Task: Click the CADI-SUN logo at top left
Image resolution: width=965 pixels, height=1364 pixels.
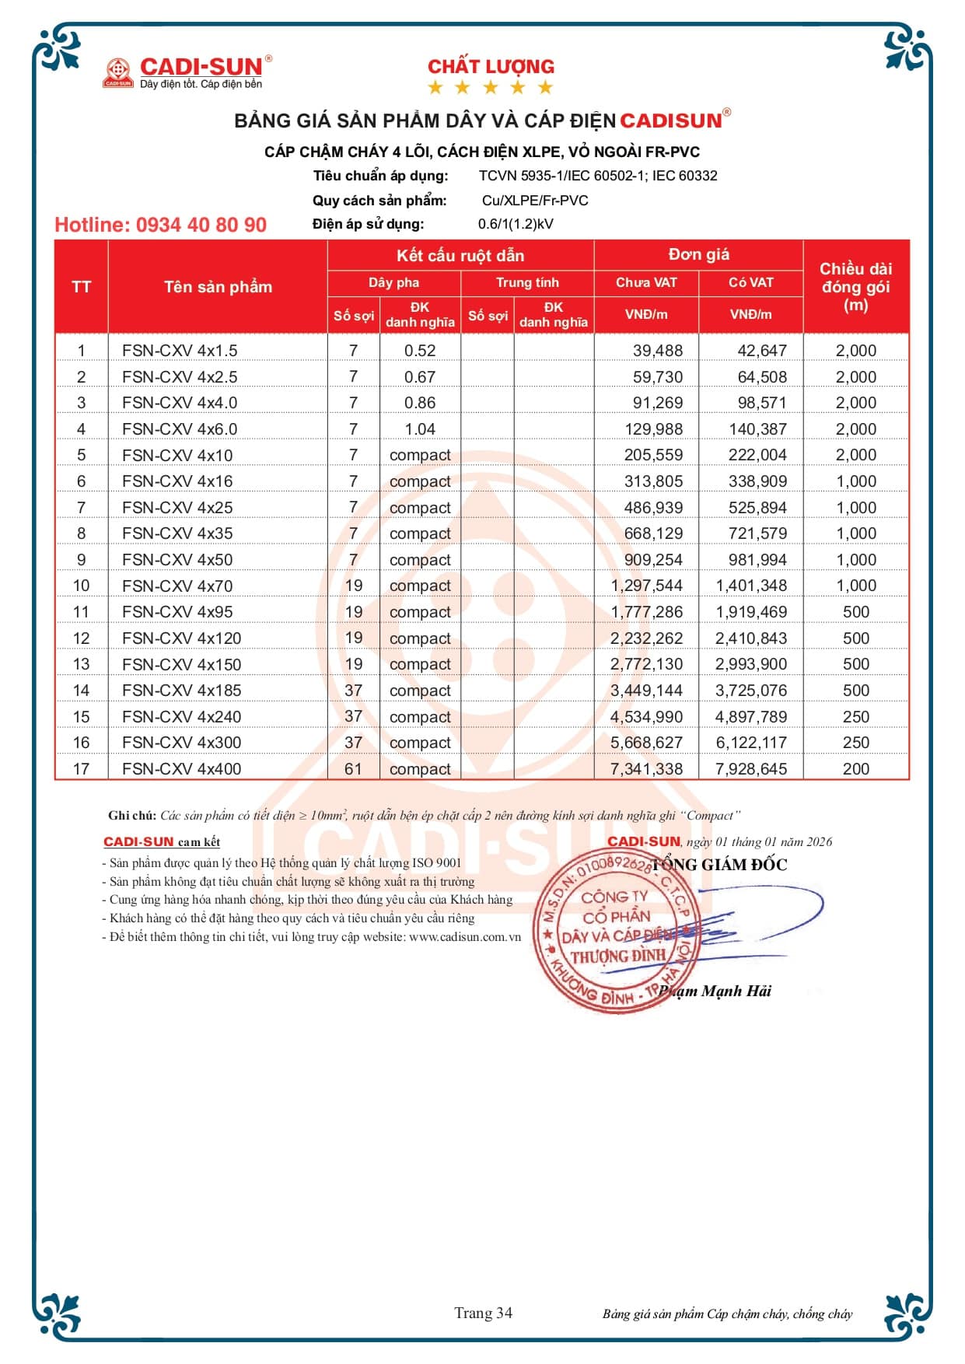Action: (x=187, y=72)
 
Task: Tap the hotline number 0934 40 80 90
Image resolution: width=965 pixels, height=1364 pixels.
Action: (x=160, y=225)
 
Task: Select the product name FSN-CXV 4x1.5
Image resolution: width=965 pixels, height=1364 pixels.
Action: (x=179, y=351)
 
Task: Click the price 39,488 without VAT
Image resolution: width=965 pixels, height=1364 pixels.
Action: (x=657, y=351)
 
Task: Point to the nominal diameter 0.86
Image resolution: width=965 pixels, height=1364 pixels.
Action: (x=420, y=403)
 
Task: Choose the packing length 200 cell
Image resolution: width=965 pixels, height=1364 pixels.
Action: (x=855, y=769)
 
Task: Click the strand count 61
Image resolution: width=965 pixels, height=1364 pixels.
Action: (x=353, y=769)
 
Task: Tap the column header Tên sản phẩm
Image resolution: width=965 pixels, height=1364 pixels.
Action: (x=218, y=287)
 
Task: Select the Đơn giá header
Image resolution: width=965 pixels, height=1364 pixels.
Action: (x=698, y=254)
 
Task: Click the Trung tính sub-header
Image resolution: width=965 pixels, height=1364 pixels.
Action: (x=527, y=282)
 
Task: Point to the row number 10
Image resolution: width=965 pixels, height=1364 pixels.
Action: (x=81, y=586)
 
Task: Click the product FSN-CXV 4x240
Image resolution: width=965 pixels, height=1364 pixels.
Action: (x=181, y=717)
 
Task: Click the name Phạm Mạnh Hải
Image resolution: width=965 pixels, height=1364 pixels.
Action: (x=715, y=991)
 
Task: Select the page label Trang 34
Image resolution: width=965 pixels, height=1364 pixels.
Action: (x=483, y=1313)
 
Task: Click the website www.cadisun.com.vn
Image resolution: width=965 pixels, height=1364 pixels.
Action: (x=464, y=937)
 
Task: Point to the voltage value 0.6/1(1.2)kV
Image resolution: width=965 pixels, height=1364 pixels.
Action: (x=516, y=224)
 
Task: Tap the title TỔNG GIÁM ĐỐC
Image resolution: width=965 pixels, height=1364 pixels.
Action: (x=719, y=865)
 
